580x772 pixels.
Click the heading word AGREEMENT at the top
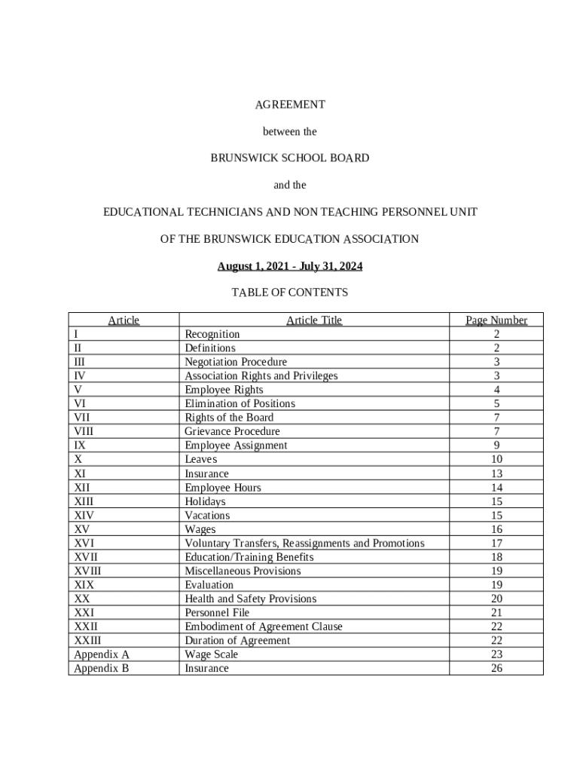[x=290, y=104]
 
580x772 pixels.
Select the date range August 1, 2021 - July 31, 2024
[x=290, y=267]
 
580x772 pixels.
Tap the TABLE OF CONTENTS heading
[x=290, y=292]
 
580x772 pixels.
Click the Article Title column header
[x=313, y=320]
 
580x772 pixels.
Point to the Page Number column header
[x=496, y=320]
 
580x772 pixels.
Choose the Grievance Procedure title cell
[x=232, y=431]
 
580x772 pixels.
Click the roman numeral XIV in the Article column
[x=84, y=516]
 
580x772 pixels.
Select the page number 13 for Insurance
[x=496, y=473]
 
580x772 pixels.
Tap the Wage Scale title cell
[x=211, y=654]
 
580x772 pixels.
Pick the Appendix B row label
[x=101, y=668]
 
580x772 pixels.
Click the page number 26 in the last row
[x=496, y=668]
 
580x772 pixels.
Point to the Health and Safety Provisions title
[x=250, y=599]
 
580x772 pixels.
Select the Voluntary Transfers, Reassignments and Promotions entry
[x=304, y=544]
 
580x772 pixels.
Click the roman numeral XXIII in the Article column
[x=87, y=641]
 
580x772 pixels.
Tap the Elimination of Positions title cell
[x=240, y=403]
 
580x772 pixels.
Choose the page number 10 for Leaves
[x=496, y=459]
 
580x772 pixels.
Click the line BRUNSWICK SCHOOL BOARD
[x=290, y=158]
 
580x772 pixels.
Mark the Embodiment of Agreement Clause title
[x=263, y=626]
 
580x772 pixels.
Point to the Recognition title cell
[x=212, y=334]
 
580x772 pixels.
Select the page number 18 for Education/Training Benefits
[x=496, y=557]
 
